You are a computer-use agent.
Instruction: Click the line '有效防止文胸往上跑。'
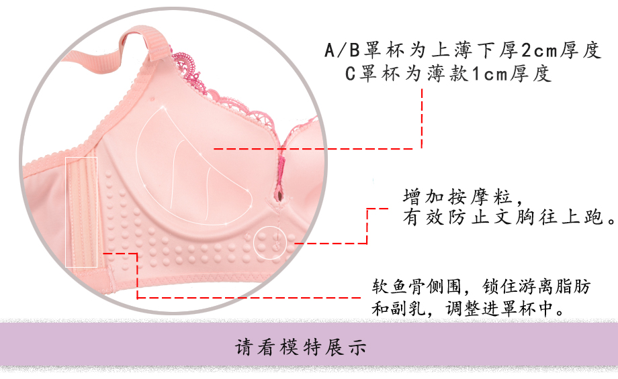pos(509,218)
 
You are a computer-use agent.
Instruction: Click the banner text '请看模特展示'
pos(300,349)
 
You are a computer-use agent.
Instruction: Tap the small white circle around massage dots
pos(271,241)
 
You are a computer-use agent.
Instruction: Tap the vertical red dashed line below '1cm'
pos(422,117)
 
